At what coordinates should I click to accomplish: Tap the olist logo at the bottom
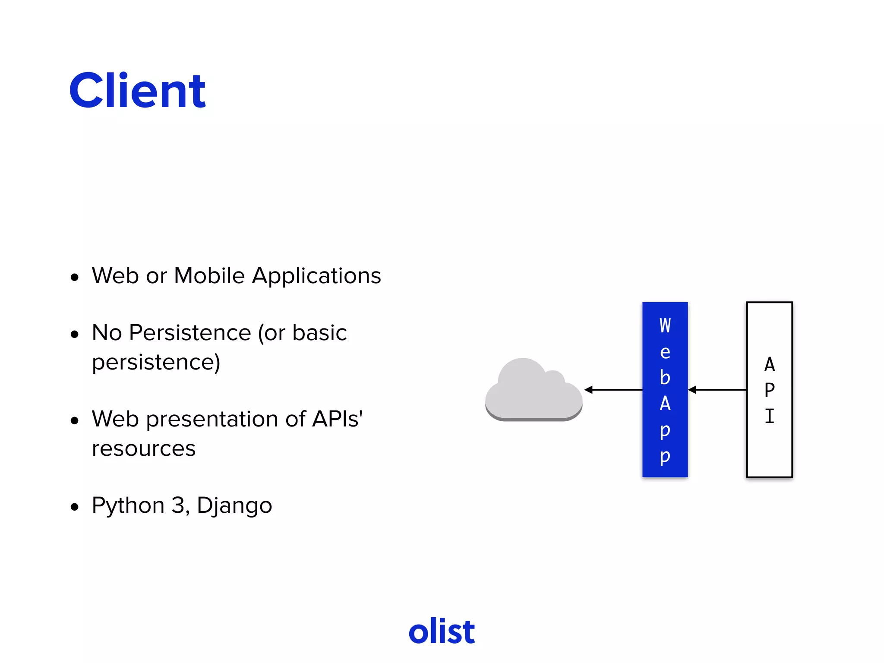tap(442, 631)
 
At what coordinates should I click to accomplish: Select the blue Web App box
tap(665, 389)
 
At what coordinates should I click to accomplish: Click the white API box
tap(769, 449)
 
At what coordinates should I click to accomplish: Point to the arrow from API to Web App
tap(717, 390)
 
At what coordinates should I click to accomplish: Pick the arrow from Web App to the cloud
tap(613, 390)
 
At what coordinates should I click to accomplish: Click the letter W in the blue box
tap(665, 325)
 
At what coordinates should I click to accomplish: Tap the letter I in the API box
tap(769, 417)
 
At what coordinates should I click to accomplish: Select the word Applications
tap(316, 276)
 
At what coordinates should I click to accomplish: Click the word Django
tap(234, 506)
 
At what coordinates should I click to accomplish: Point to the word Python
tap(128, 506)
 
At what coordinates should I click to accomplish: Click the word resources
tap(144, 449)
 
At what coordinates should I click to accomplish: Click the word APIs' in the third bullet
tap(337, 419)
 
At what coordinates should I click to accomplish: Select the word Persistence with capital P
tap(190, 333)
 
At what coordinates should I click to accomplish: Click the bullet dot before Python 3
tap(75, 507)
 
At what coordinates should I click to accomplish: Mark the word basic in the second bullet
tap(319, 333)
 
